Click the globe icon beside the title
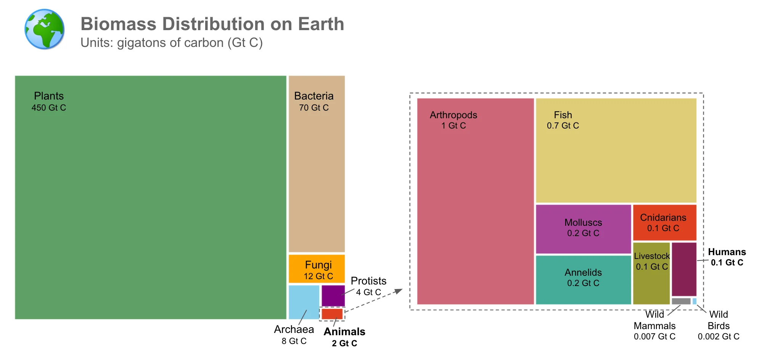44,29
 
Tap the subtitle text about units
171,43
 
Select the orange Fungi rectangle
317,268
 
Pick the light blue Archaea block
304,302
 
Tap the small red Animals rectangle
332,314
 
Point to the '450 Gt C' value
49,108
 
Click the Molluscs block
583,229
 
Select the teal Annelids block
583,280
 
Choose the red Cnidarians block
664,222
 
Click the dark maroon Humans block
684,269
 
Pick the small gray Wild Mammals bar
681,301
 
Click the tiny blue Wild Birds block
695,301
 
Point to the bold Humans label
727,252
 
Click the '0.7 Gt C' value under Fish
563,126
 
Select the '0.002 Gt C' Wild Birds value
718,337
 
